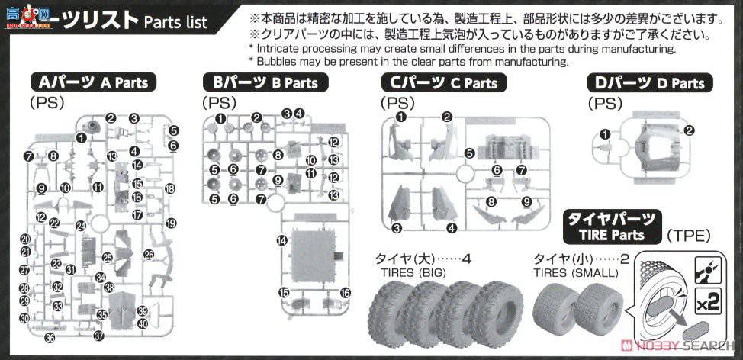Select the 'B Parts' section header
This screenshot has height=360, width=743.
(260, 82)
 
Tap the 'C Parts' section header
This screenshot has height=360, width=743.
(441, 82)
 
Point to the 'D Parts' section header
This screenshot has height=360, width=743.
(648, 82)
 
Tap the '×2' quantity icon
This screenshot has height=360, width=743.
(709, 302)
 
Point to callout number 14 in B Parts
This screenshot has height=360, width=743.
(282, 240)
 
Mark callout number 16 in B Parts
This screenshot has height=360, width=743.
(345, 293)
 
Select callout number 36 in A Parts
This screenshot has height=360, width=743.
(50, 337)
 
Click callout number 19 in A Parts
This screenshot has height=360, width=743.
(171, 223)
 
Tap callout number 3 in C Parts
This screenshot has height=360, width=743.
(397, 228)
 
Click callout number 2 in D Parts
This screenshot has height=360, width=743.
(689, 130)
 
